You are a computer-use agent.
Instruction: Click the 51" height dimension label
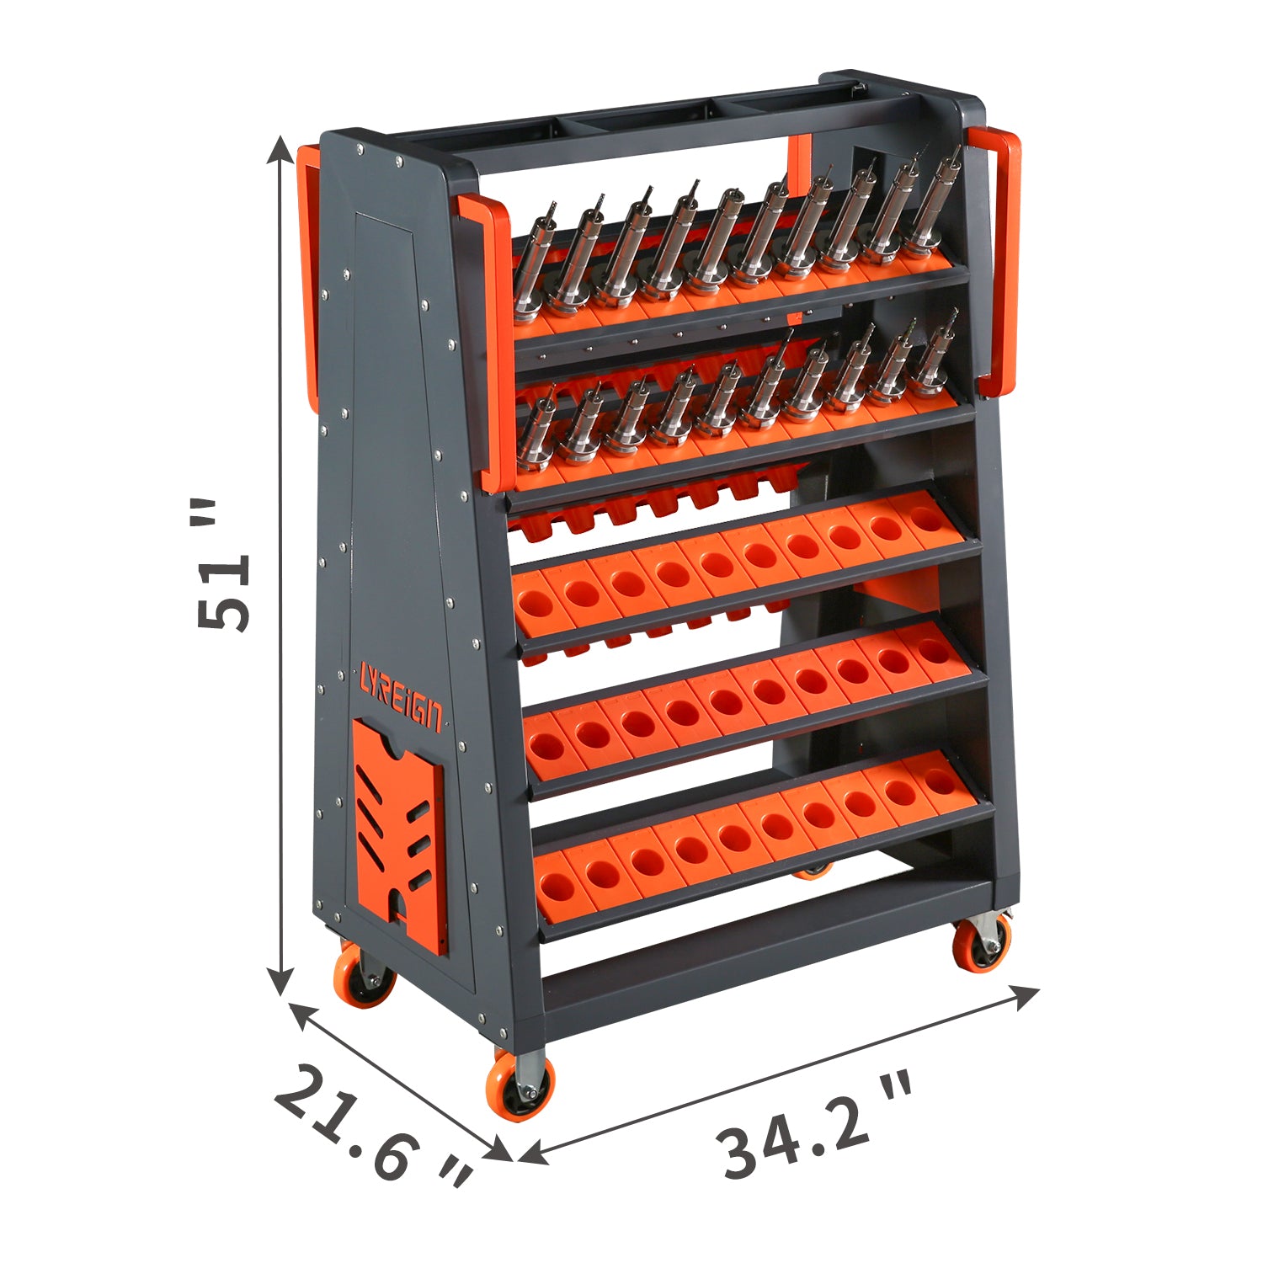pos(223,564)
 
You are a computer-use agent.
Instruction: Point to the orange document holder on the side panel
pos(399,834)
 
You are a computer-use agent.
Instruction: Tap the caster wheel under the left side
pos(364,977)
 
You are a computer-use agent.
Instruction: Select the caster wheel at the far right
pos(982,943)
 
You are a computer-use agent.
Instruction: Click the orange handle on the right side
pos(998,261)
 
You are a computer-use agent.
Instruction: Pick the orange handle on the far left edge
pos(308,278)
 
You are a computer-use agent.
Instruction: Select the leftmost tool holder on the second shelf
pos(536,434)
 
